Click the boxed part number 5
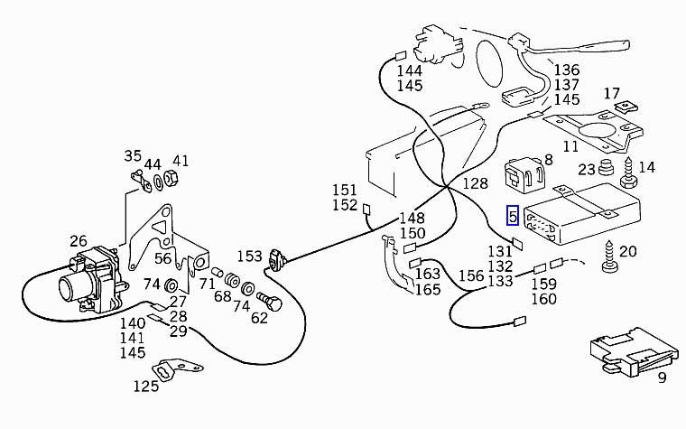tap(512, 216)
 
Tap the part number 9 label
tap(661, 378)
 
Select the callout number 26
tap(79, 242)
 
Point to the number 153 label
tap(249, 257)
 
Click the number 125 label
tap(145, 386)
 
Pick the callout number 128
tap(476, 183)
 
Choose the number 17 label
tap(612, 93)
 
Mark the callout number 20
tap(628, 251)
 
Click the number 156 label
tap(471, 277)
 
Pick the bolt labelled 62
tap(269, 302)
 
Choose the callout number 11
tap(570, 145)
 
